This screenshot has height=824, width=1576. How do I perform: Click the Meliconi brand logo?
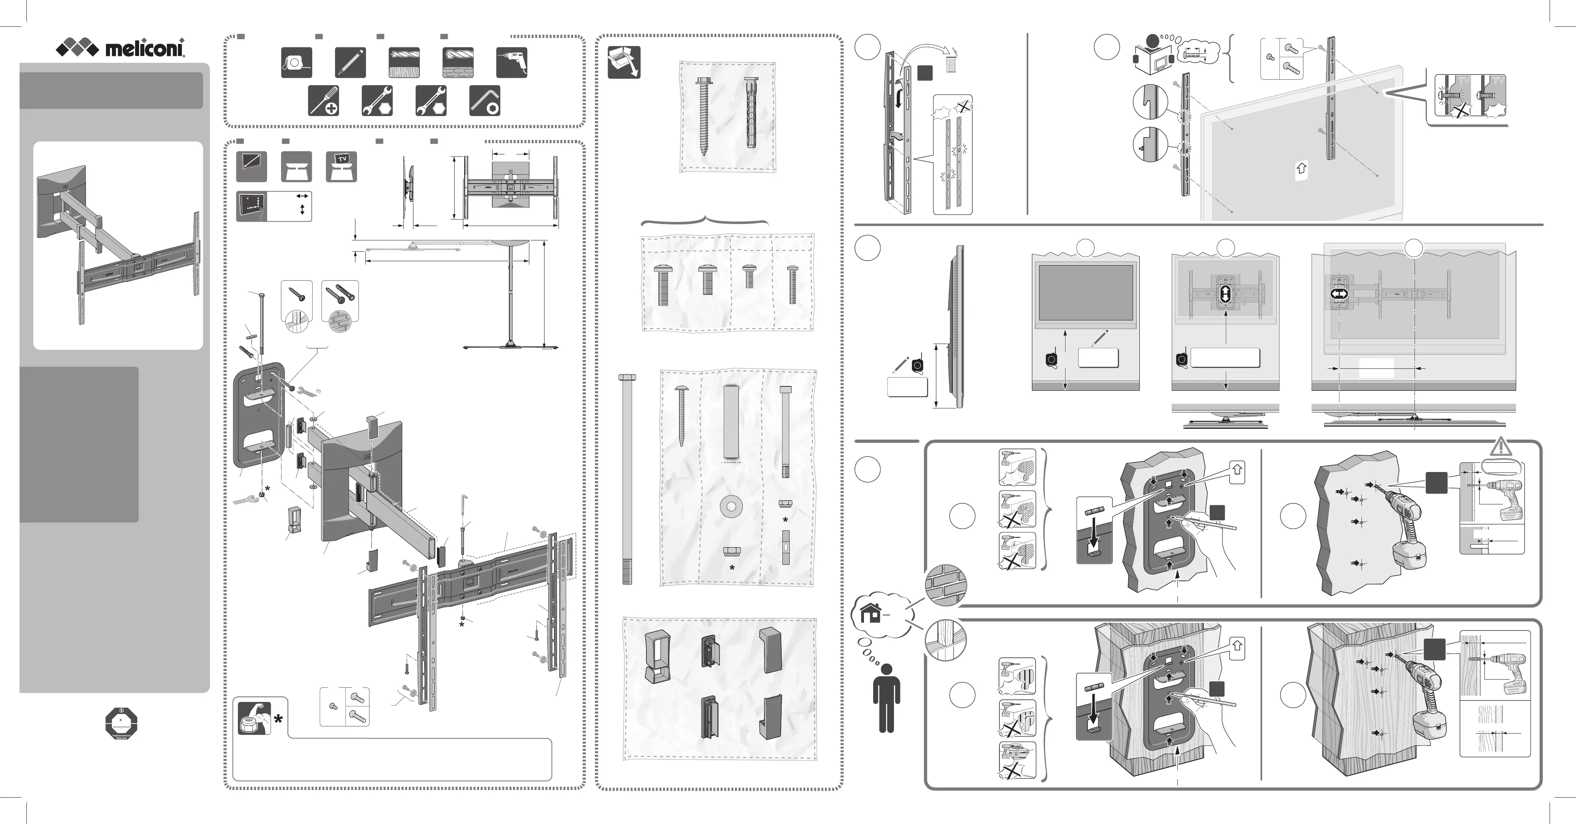pos(120,48)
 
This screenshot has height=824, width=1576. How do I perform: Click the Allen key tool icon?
pos(485,100)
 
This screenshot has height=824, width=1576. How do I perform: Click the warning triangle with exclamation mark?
pos(1501,446)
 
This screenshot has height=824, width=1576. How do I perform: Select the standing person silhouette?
pos(886,702)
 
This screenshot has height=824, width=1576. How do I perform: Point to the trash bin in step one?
pos(950,62)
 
